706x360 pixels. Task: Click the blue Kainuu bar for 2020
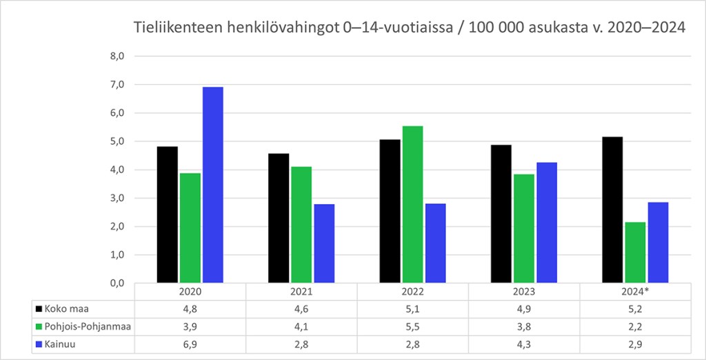(212, 185)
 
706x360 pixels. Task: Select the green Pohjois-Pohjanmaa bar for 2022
(412, 204)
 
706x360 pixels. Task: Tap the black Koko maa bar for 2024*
(612, 210)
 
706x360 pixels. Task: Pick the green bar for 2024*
(634, 252)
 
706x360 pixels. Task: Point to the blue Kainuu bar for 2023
(546, 222)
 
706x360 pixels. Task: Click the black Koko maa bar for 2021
(279, 218)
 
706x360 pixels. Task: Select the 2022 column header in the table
(412, 292)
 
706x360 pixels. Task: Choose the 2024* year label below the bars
(634, 292)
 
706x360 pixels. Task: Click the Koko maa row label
(68, 309)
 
